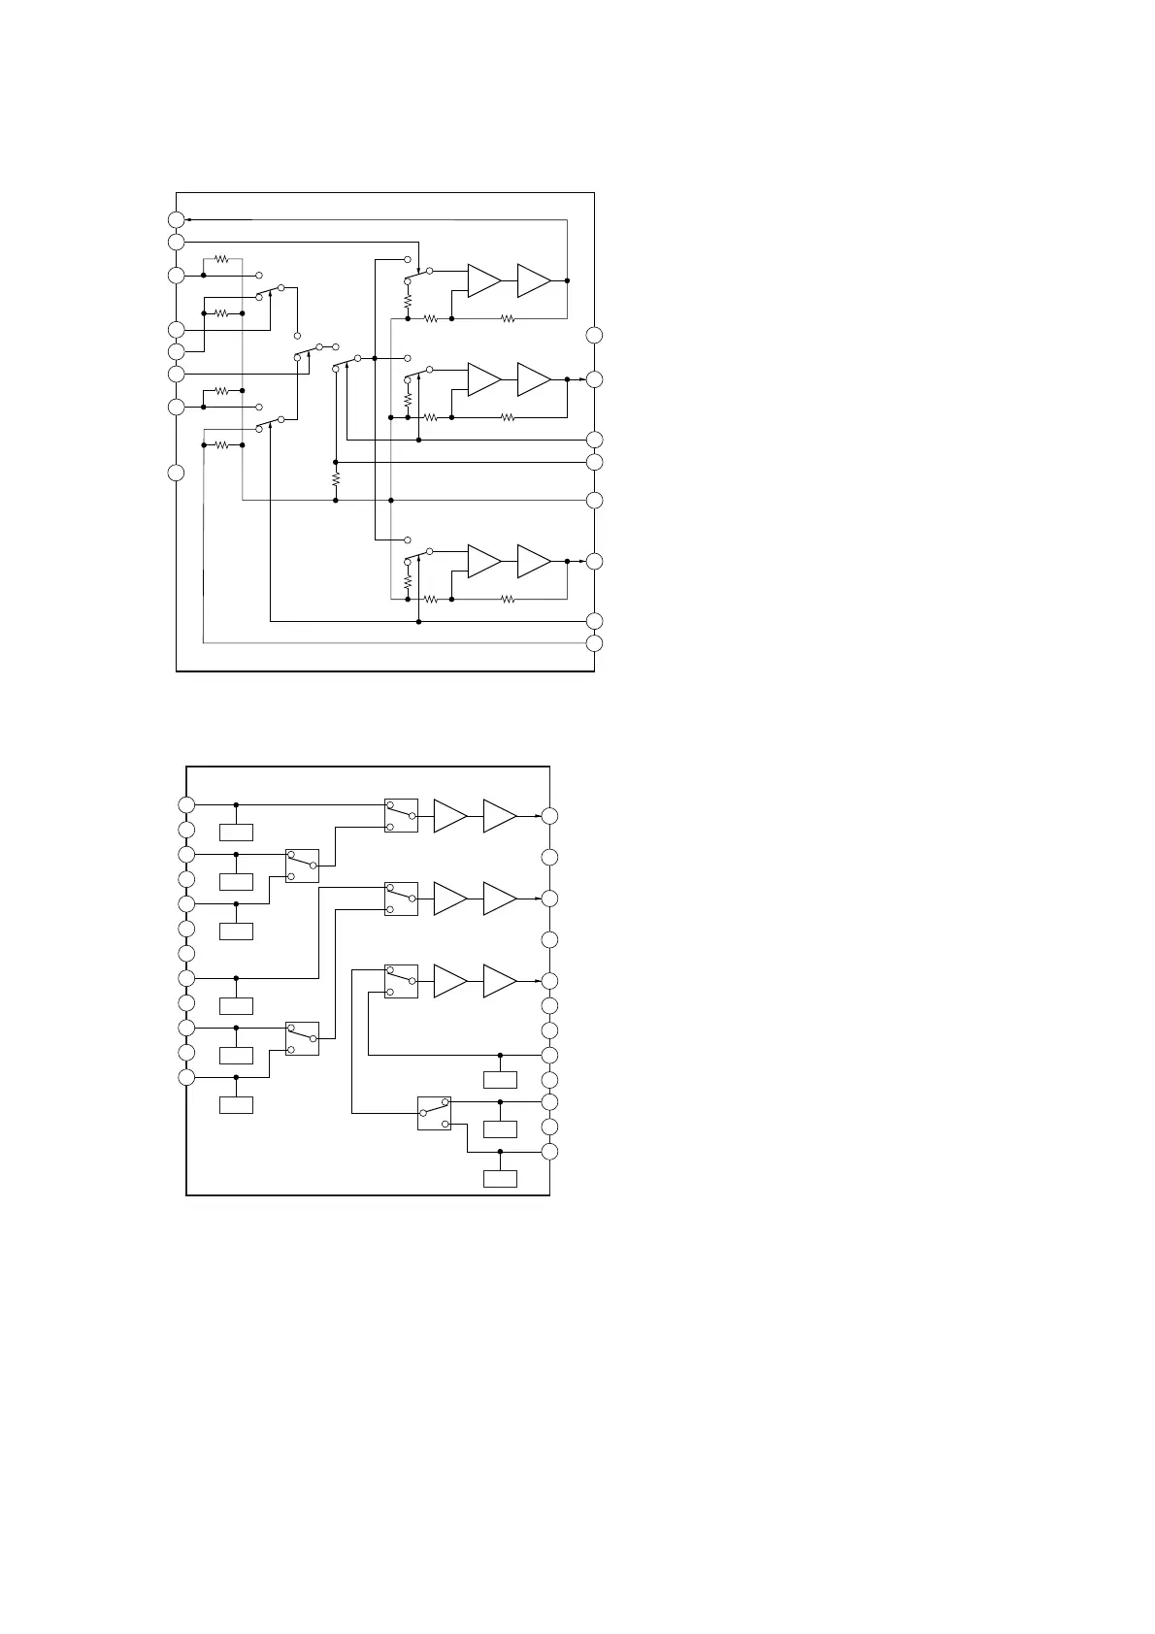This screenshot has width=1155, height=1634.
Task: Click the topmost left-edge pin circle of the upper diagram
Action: (176, 219)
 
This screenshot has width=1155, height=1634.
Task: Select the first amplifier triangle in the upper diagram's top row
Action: (483, 280)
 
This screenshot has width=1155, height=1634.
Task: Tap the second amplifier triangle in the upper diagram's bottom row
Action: (534, 561)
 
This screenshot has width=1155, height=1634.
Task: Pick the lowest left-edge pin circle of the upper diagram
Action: (176, 474)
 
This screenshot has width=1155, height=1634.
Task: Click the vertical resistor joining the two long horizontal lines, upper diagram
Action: (335, 480)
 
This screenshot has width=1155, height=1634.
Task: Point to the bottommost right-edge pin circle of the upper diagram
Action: (594, 643)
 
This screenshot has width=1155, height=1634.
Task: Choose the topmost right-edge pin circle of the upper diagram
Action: (594, 336)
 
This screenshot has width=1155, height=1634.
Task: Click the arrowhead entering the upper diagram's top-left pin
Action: (187, 219)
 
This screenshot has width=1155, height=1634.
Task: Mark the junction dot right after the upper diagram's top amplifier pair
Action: (567, 280)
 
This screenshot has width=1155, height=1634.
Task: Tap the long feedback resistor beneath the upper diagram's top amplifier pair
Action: (507, 318)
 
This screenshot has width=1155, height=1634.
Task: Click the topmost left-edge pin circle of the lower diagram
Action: (186, 804)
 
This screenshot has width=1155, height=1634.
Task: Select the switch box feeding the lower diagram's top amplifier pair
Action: (401, 816)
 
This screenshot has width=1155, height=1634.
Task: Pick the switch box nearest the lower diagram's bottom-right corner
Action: (434, 1113)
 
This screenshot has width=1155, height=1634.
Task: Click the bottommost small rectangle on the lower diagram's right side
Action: (500, 1179)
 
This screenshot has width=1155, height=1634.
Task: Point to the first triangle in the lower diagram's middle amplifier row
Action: (449, 899)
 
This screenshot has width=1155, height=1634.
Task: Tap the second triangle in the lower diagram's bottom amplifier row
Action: (499, 981)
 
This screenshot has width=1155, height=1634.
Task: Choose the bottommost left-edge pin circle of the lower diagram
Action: (186, 1077)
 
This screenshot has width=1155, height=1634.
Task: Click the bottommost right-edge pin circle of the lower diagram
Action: (549, 1152)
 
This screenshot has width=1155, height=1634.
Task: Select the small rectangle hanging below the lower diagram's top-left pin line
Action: (236, 832)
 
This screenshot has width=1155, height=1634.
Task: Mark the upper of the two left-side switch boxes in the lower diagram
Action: (302, 866)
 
